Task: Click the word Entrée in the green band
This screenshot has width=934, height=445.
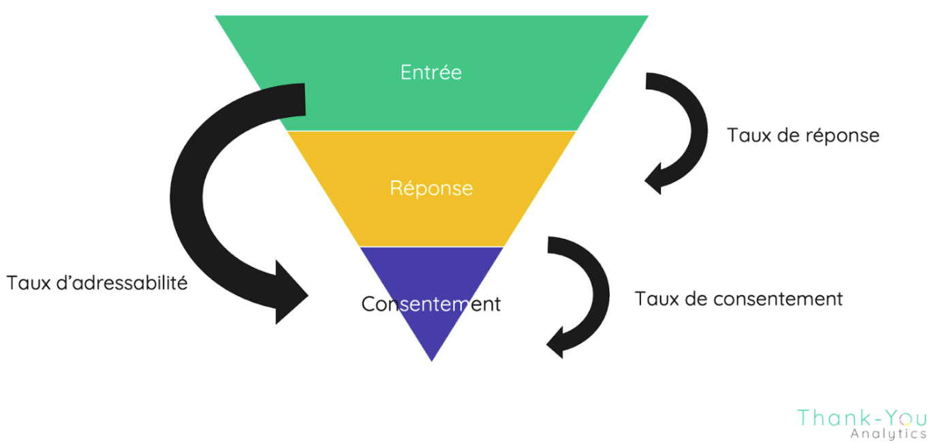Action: pyautogui.click(x=431, y=72)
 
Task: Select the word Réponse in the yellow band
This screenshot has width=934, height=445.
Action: pyautogui.click(x=431, y=188)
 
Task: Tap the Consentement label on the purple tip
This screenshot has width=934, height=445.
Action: pyautogui.click(x=431, y=304)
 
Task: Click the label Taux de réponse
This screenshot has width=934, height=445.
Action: pyautogui.click(x=803, y=136)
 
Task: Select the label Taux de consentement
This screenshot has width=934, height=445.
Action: pyautogui.click(x=739, y=298)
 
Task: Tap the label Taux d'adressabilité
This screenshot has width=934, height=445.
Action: pyautogui.click(x=97, y=283)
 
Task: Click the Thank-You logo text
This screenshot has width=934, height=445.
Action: pyautogui.click(x=862, y=418)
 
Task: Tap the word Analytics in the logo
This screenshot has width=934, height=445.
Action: pyautogui.click(x=888, y=434)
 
